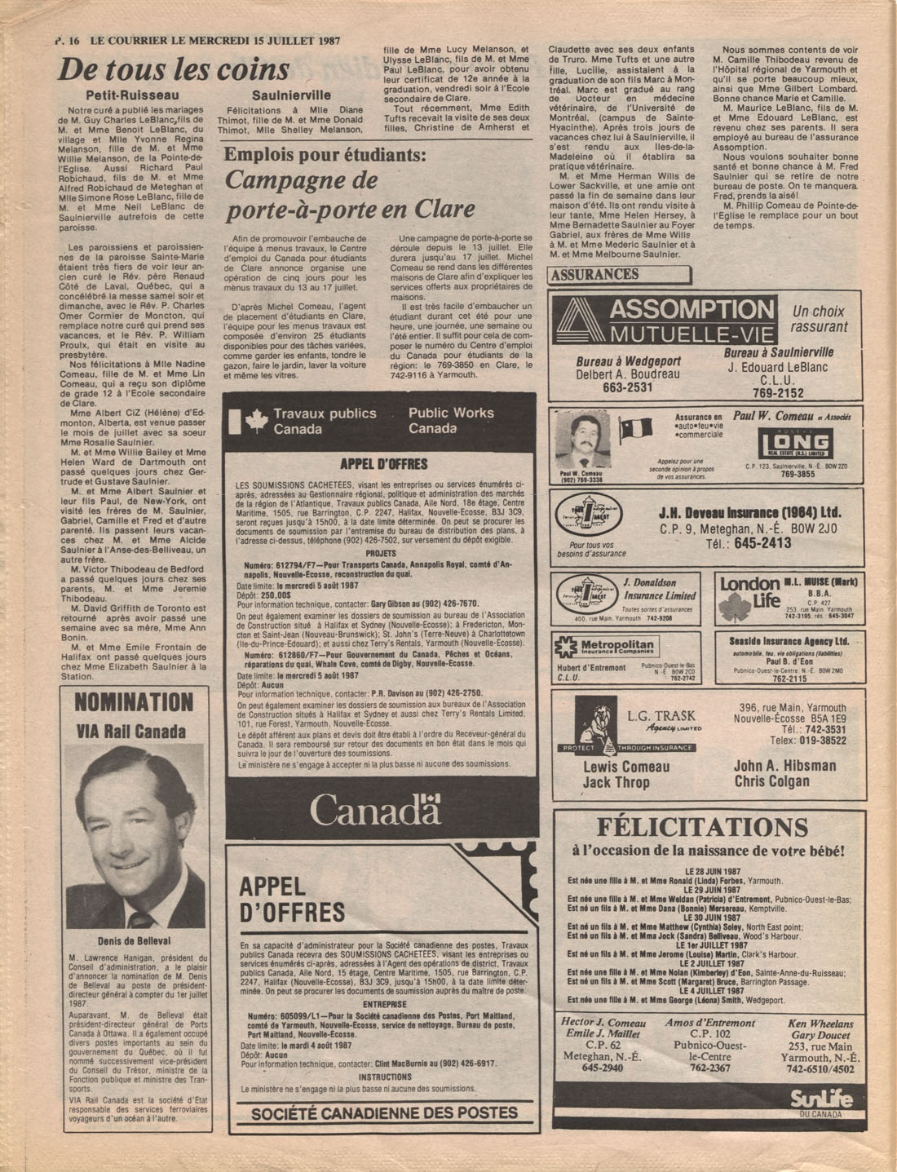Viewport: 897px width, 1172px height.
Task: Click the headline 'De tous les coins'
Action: (173, 69)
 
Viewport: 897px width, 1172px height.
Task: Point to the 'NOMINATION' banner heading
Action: (134, 702)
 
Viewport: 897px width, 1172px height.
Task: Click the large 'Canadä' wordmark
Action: (374, 809)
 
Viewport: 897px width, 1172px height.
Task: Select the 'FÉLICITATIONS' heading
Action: (702, 828)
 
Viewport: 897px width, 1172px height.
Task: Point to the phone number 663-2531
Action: (627, 387)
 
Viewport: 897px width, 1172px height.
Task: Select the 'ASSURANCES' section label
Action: (594, 275)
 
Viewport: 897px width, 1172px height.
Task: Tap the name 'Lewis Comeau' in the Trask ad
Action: (626, 767)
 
